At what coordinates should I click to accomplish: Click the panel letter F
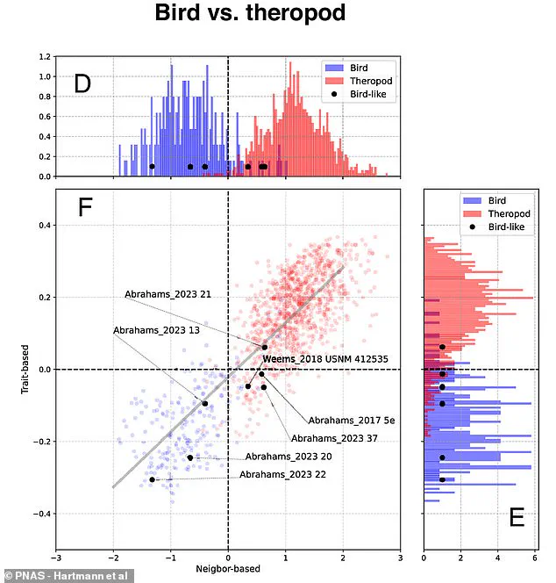[x=85, y=209]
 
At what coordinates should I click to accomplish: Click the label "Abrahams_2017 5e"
[x=352, y=421]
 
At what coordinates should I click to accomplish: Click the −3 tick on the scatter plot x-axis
[x=56, y=557]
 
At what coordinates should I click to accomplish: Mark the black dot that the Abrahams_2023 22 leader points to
[x=152, y=479]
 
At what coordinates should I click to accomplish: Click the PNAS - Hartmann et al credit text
[x=61, y=574]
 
